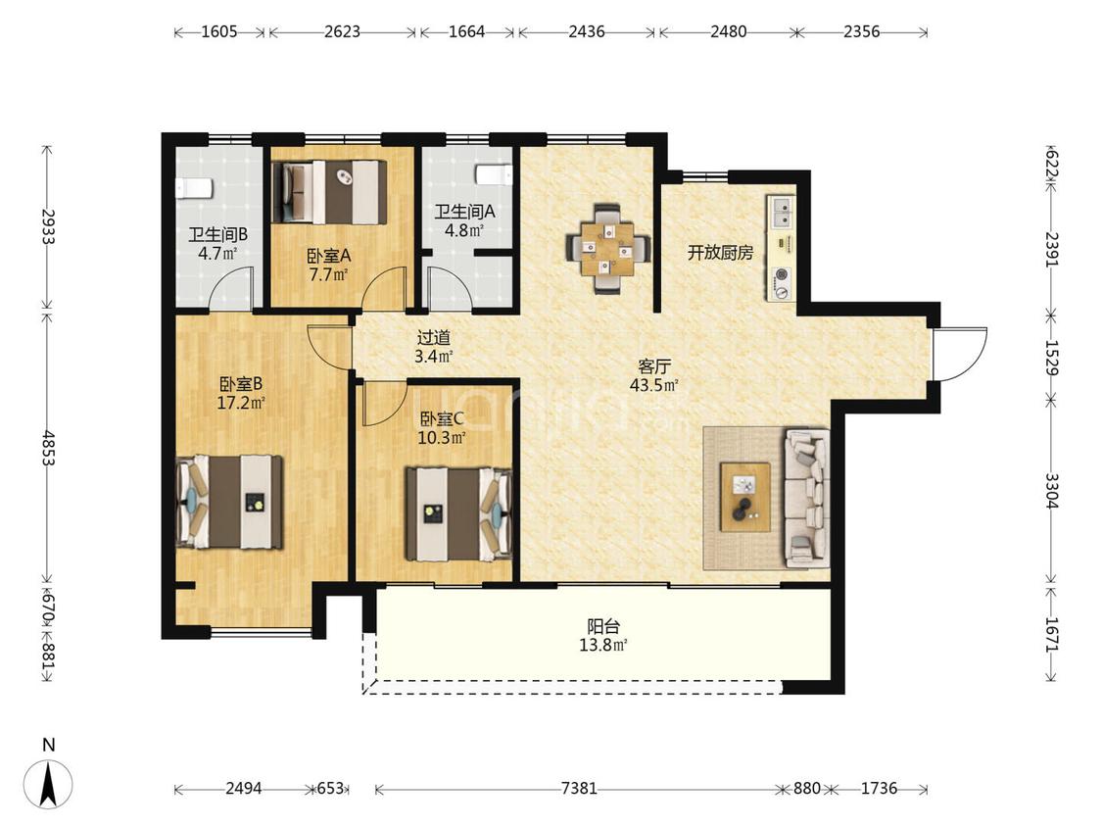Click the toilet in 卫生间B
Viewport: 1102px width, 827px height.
point(193,188)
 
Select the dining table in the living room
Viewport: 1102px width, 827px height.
point(608,248)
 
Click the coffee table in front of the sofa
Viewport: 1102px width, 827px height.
point(745,497)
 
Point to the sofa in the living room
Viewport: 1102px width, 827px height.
point(807,499)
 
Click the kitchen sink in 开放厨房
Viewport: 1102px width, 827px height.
point(781,213)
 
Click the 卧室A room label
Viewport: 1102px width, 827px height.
point(328,256)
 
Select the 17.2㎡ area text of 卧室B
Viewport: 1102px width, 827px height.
point(241,404)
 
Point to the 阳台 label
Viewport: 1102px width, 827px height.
point(603,626)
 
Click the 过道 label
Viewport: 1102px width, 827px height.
point(433,338)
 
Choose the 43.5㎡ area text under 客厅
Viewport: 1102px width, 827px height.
point(653,385)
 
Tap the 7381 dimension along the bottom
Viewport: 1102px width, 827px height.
point(579,789)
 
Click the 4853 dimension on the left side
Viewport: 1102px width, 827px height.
point(48,448)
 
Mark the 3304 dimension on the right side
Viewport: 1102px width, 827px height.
point(1051,490)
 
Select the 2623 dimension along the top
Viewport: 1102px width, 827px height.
point(342,31)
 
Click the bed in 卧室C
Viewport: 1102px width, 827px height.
point(458,514)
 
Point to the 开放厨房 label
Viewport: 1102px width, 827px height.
point(720,253)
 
